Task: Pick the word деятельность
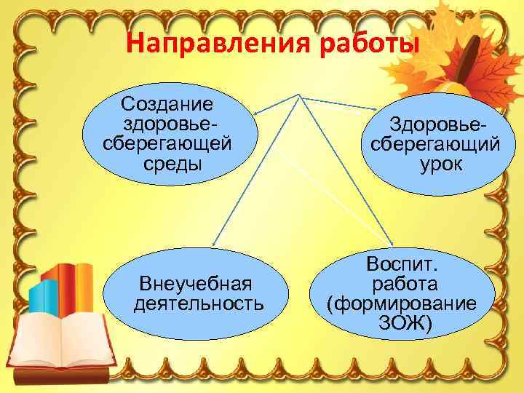[198, 302]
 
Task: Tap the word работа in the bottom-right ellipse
[403, 283]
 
